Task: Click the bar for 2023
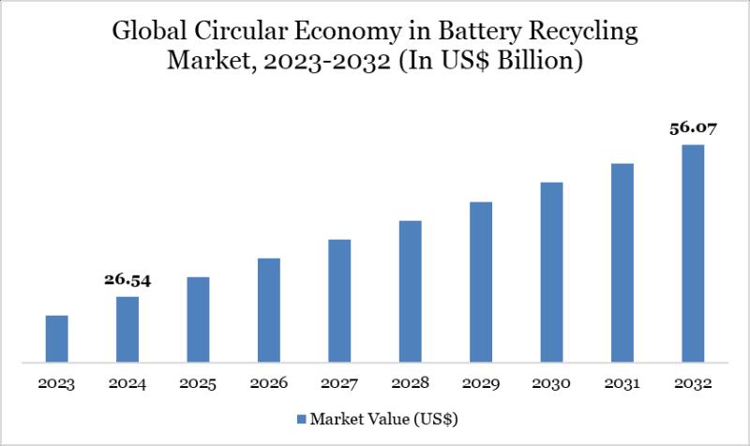pyautogui.click(x=57, y=338)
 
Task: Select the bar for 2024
pyautogui.click(x=127, y=329)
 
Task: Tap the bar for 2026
pyautogui.click(x=269, y=309)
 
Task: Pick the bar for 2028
pyautogui.click(x=411, y=290)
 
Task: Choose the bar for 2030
pyautogui.click(x=551, y=272)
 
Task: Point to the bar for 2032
pyautogui.click(x=693, y=253)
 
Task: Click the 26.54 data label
pyautogui.click(x=127, y=279)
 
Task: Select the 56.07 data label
pyautogui.click(x=693, y=128)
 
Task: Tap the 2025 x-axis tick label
pyautogui.click(x=199, y=384)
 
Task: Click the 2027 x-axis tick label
pyautogui.click(x=339, y=384)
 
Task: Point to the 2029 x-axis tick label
pyautogui.click(x=481, y=384)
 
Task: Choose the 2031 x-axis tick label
pyautogui.click(x=622, y=384)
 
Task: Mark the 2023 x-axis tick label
pyautogui.click(x=57, y=384)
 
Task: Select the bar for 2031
pyautogui.click(x=622, y=262)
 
